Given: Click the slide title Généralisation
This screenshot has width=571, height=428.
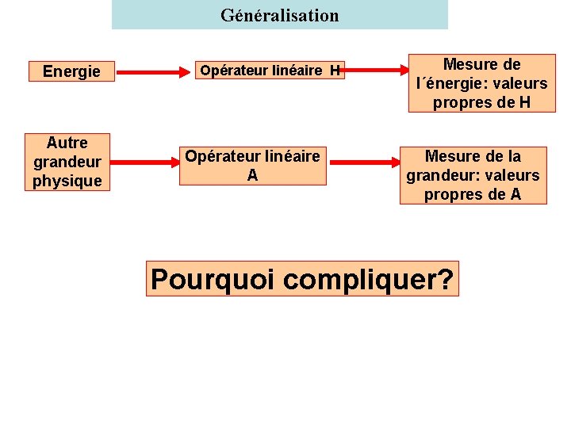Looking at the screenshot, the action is click(279, 15).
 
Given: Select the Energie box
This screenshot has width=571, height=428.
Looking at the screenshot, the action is click(71, 72).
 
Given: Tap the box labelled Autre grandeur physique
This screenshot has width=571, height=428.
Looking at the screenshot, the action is click(67, 162).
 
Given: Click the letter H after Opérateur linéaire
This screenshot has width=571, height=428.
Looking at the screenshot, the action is click(335, 71).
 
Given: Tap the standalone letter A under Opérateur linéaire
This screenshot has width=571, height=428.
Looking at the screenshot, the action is click(252, 175).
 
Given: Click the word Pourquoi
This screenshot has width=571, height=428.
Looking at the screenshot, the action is click(211, 280).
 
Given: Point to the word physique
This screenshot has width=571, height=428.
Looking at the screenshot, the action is click(67, 181).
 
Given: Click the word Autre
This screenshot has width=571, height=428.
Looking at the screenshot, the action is click(67, 143).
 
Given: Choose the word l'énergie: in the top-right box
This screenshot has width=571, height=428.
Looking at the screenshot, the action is click(452, 83).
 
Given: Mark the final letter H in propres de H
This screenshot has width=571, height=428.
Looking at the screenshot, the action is click(523, 102).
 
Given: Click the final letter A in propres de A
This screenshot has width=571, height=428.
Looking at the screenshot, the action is click(515, 194).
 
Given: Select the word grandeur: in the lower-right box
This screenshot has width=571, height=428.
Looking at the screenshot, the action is click(442, 175).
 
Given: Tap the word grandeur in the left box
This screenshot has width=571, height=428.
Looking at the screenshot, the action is click(67, 162).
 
